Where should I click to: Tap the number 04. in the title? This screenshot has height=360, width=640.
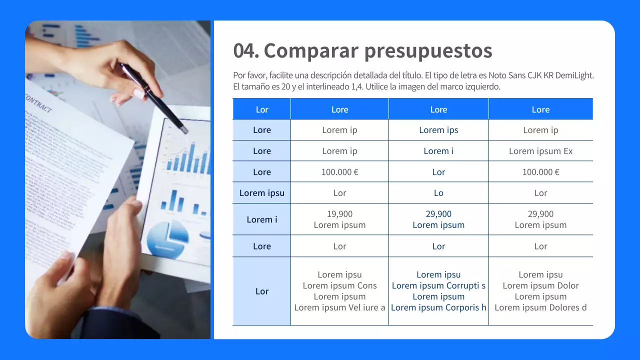tap(245, 50)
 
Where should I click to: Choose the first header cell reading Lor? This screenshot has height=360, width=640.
tap(262, 109)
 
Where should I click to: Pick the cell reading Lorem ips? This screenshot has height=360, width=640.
tap(438, 130)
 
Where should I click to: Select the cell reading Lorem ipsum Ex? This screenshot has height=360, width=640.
tap(540, 151)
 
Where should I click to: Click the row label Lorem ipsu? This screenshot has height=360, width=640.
tap(262, 193)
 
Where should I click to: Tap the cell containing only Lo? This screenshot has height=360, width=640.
tap(438, 193)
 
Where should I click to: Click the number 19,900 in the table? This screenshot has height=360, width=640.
tap(339, 214)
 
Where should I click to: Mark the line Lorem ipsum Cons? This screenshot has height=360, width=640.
tap(339, 285)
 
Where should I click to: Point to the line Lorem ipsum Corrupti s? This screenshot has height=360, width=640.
tap(438, 285)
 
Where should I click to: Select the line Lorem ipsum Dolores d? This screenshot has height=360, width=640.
tap(540, 307)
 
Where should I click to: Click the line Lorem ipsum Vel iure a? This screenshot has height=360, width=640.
tap(339, 307)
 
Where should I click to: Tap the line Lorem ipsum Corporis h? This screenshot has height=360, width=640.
tap(438, 307)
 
